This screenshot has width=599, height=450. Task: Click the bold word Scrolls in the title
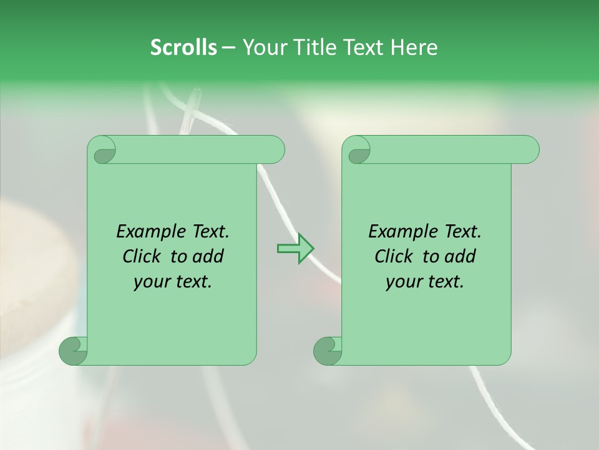183,47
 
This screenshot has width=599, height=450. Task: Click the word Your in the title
264,47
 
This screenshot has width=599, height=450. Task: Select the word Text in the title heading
371,47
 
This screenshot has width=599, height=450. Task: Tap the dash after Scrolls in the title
229,47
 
